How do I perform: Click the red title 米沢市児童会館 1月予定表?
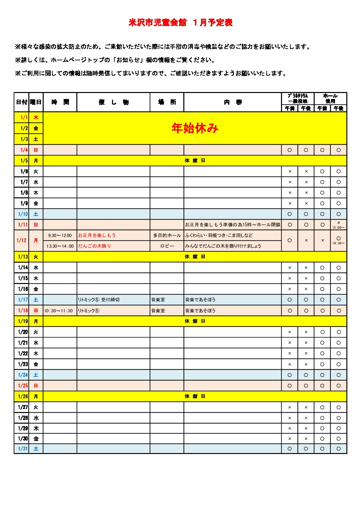point(180,23)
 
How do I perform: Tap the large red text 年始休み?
point(195,128)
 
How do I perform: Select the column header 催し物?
point(113,102)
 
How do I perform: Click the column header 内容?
point(233,102)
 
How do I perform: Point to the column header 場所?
point(167,102)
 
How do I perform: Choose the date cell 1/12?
point(22,240)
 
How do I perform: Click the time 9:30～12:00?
point(60,235)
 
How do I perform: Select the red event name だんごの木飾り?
point(95,246)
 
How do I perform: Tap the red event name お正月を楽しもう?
point(97,235)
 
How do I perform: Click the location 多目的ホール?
point(167,235)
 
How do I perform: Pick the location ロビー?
point(167,246)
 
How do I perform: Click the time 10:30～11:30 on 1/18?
point(58,311)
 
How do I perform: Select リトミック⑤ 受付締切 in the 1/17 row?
point(99,300)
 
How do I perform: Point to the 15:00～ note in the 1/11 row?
point(339,228)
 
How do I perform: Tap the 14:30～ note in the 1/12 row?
point(339,243)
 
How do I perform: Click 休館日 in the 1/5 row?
point(195,161)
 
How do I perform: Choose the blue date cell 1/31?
point(23,449)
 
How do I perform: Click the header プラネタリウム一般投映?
point(298,98)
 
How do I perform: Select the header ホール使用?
point(330,98)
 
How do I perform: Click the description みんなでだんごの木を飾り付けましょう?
point(223,246)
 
